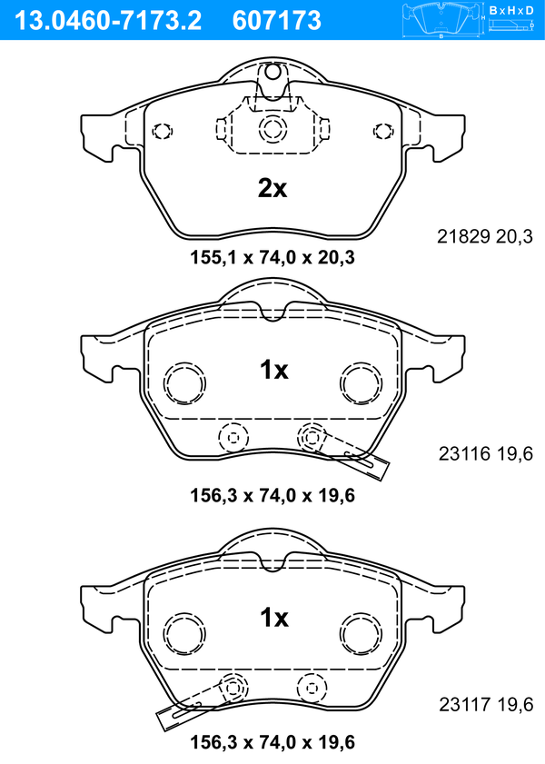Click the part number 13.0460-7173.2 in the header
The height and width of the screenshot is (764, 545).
[108, 20]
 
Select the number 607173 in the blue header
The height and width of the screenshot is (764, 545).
[277, 20]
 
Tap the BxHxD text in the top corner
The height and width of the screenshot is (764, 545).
[511, 10]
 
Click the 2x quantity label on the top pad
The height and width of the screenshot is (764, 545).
[272, 188]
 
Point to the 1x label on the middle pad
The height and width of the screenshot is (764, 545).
[273, 370]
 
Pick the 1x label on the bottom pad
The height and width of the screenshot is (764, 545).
[273, 618]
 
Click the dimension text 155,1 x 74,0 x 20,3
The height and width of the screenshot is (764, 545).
[272, 257]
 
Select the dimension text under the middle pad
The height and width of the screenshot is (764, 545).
[272, 495]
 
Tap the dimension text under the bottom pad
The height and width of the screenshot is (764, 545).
[272, 742]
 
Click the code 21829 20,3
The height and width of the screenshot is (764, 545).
[485, 237]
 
